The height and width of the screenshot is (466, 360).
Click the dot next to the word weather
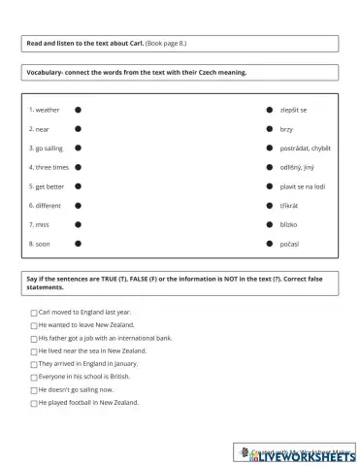(x=78, y=111)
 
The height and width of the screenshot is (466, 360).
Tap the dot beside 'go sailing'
(x=78, y=149)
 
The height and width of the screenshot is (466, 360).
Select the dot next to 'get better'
(x=78, y=186)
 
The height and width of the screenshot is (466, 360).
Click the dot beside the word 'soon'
(x=78, y=244)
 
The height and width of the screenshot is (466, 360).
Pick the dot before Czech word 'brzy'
(x=270, y=129)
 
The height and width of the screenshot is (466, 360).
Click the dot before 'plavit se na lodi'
(x=270, y=186)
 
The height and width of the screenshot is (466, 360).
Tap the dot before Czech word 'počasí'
(x=270, y=244)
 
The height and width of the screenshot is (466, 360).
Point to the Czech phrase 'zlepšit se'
(x=293, y=111)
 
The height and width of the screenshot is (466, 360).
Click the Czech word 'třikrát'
(x=290, y=206)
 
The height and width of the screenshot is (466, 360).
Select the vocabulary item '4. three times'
(x=49, y=167)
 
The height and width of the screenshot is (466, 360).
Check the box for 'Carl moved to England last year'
(x=34, y=314)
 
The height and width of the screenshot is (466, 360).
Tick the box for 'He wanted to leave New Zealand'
(x=34, y=326)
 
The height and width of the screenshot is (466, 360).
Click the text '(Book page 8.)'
(x=166, y=44)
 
